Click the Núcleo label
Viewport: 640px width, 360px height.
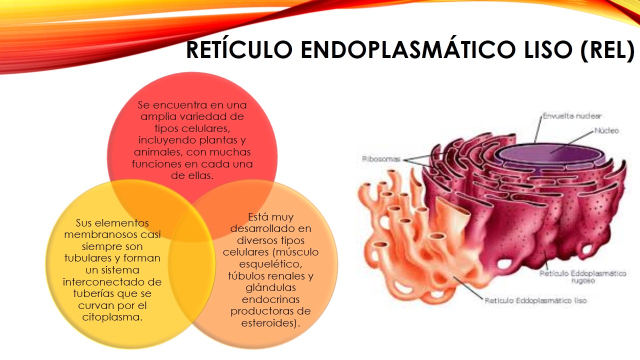[606, 131]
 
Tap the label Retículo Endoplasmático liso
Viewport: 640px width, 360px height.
[535, 301]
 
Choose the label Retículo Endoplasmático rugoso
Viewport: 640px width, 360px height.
[583, 274]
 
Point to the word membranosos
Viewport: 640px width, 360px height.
[112, 234]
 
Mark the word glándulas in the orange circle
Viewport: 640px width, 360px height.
[271, 287]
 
